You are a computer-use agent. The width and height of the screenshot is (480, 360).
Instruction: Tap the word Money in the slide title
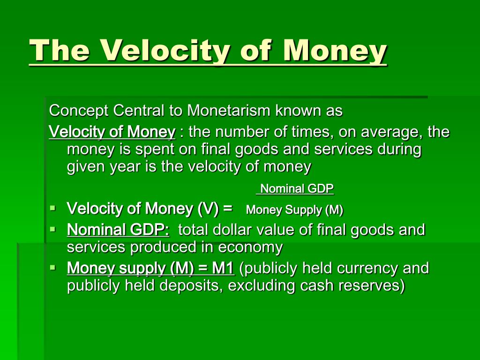point(335,51)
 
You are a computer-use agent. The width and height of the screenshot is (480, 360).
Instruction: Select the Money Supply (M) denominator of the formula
point(294,210)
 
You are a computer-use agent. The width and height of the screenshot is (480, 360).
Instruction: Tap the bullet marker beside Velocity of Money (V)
point(53,209)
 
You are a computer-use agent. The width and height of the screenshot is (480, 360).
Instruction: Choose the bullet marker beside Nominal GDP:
point(53,229)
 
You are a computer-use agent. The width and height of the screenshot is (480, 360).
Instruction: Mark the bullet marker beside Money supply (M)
point(53,268)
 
